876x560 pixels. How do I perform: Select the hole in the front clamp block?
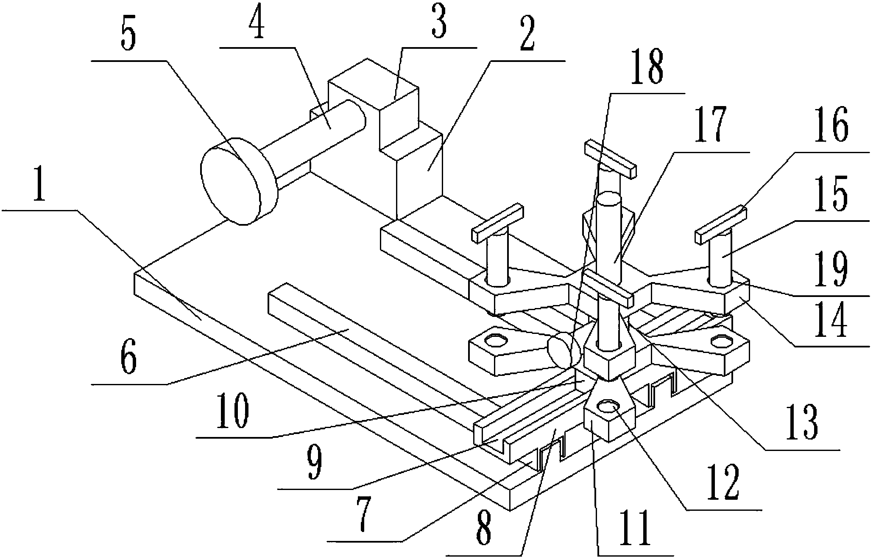(609, 406)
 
